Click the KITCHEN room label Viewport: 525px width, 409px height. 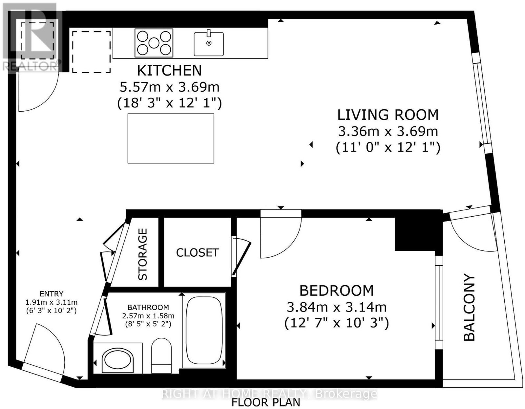169,71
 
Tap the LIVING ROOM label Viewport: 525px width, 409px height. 388,115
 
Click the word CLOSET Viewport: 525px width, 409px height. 198,253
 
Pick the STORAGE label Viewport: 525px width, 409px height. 142,254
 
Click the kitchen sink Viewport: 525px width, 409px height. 209,44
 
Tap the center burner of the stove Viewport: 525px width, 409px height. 154,43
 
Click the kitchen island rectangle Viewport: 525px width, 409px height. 171,139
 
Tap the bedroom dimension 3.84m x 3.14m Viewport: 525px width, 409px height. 337,307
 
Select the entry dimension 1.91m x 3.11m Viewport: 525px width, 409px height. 52,302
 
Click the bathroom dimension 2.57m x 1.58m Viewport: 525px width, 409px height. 148,316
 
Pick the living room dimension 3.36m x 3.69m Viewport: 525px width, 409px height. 388,132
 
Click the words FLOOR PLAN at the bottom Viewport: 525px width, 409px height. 266,402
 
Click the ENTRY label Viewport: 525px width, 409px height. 52,294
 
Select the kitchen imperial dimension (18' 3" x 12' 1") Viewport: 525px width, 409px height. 169,104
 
